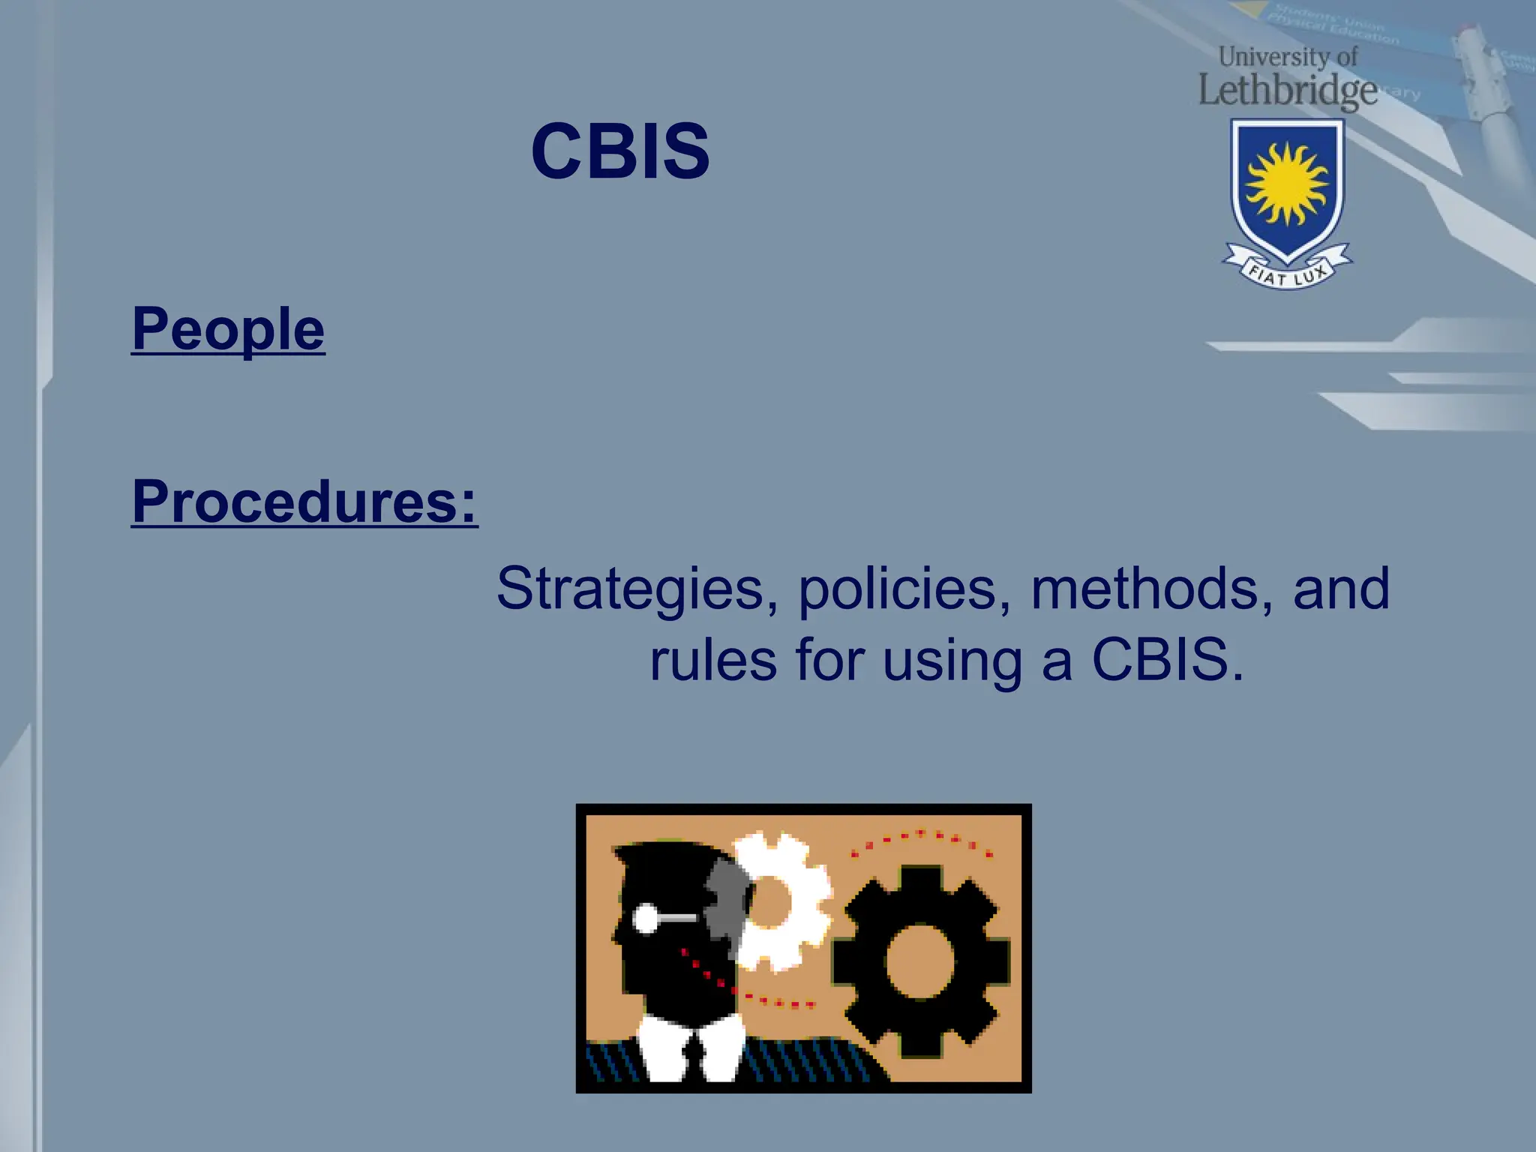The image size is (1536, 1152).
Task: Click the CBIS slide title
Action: pyautogui.click(x=619, y=151)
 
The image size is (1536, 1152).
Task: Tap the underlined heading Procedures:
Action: pyautogui.click(x=304, y=501)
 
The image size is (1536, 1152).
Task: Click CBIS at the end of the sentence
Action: pyautogui.click(x=1167, y=660)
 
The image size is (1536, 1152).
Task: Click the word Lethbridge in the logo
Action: pyautogui.click(x=1287, y=91)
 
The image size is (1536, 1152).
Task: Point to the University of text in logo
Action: pyautogui.click(x=1287, y=56)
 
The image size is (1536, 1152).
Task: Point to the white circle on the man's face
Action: pyautogui.click(x=646, y=918)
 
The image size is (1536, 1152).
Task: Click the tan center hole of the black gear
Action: pyautogui.click(x=919, y=962)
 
